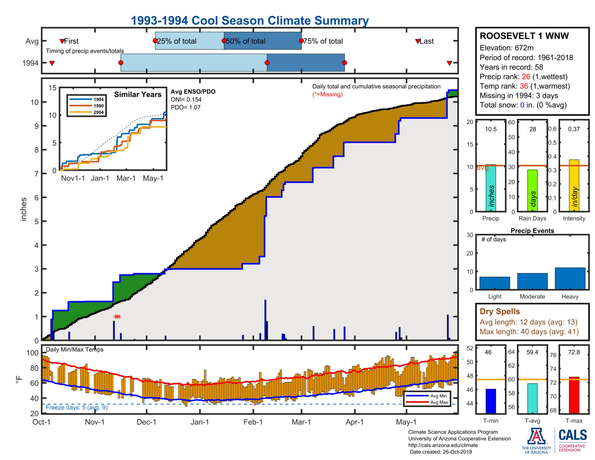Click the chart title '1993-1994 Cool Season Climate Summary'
pyautogui.click(x=250, y=21)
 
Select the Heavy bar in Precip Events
pyautogui.click(x=570, y=278)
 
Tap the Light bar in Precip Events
pyautogui.click(x=494, y=283)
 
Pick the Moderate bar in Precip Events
pyautogui.click(x=532, y=281)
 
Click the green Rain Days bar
pyautogui.click(x=532, y=190)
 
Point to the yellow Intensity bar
pyautogui.click(x=574, y=185)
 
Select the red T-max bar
pyautogui.click(x=574, y=395)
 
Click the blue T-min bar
pyautogui.click(x=491, y=401)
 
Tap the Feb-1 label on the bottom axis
pyautogui.click(x=253, y=422)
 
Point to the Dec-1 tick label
pyautogui.click(x=146, y=422)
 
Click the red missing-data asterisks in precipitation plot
pyautogui.click(x=117, y=316)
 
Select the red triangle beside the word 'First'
pyautogui.click(x=62, y=41)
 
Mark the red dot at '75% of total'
pyautogui.click(x=301, y=41)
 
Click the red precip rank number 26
pyautogui.click(x=526, y=77)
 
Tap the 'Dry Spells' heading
pyautogui.click(x=500, y=311)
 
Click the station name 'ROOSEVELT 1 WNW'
pyautogui.click(x=524, y=36)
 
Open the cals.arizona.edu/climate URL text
pyautogui.click(x=443, y=445)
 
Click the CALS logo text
pyautogui.click(x=573, y=435)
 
